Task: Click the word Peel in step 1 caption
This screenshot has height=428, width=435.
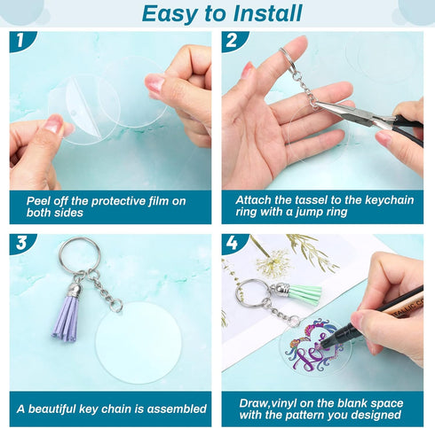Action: [x=41, y=201]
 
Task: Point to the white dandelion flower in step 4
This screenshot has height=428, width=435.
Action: [x=267, y=262]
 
